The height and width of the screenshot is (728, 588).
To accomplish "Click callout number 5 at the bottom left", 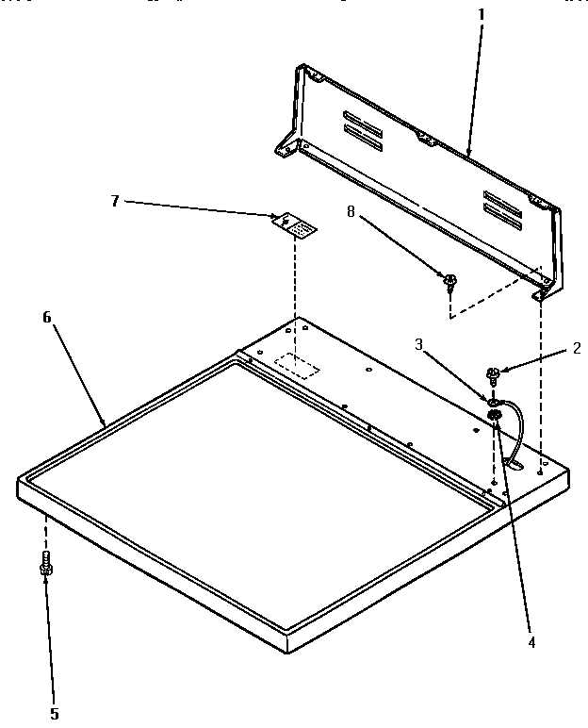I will coord(55,714).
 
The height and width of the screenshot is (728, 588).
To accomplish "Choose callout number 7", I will coord(115,200).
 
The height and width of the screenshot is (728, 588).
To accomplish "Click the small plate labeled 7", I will coord(295,225).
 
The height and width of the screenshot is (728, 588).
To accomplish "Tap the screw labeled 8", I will coord(450,280).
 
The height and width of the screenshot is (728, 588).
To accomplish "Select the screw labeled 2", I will coord(492,374).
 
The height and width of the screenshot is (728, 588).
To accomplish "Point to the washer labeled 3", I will coord(492,403).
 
